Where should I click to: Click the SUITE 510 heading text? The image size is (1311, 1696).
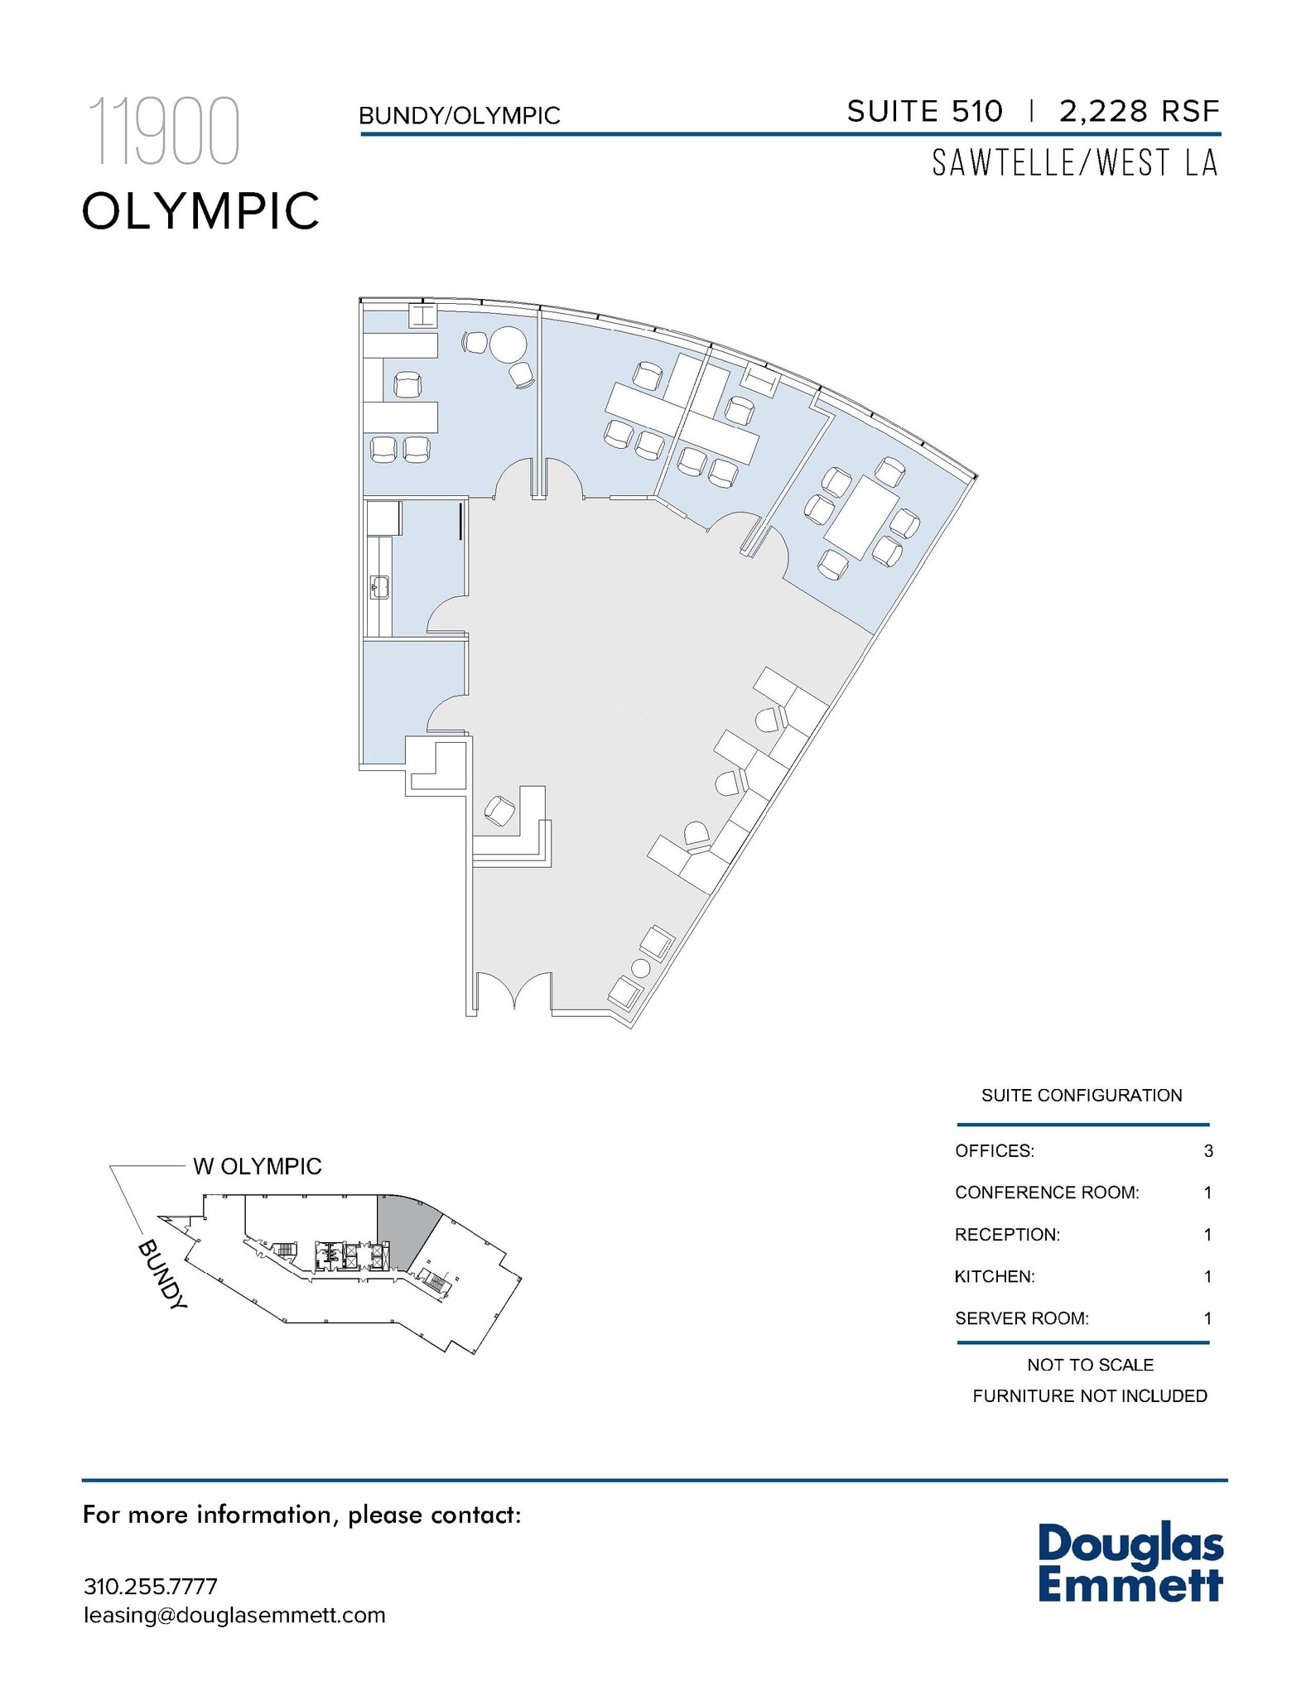(923, 111)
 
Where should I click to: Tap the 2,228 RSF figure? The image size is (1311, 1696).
(1139, 111)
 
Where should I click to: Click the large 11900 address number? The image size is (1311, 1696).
(163, 132)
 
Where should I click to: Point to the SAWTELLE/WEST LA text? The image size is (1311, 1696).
(1075, 163)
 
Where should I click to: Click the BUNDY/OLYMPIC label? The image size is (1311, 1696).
(459, 116)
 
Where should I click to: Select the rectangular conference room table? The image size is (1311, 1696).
(865, 518)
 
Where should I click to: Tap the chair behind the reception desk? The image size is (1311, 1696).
(499, 810)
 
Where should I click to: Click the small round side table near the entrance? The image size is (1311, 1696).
(640, 967)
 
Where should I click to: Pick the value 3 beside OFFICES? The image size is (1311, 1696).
(1208, 1151)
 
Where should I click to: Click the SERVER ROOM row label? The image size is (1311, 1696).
(1021, 1318)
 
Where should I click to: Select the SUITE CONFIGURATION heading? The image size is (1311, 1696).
(1082, 1096)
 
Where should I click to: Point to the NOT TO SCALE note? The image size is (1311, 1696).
(1090, 1365)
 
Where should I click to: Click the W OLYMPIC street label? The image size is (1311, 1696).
(257, 1166)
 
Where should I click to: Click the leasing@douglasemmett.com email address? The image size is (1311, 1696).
(234, 1615)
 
